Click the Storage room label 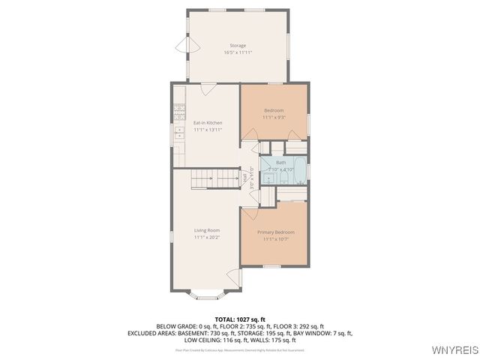(x=237, y=46)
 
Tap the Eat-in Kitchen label (x=208, y=123)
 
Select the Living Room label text (x=207, y=229)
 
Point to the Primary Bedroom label (x=275, y=232)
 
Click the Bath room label (x=280, y=163)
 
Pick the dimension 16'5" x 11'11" (x=237, y=52)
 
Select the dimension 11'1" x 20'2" (x=207, y=237)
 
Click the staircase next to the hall (x=214, y=178)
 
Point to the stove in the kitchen (x=179, y=113)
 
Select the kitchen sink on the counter (x=179, y=133)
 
